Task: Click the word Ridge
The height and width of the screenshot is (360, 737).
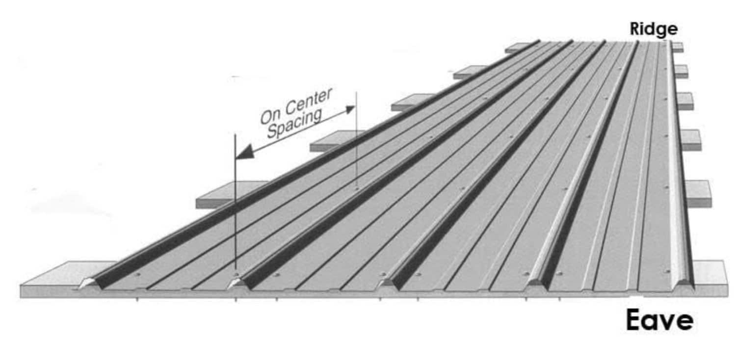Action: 654,29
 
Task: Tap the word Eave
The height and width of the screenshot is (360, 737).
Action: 659,321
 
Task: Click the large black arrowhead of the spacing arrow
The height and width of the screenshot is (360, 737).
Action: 245,152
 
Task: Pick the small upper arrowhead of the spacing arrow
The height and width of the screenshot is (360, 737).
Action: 349,109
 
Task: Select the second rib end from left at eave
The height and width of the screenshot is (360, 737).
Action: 237,283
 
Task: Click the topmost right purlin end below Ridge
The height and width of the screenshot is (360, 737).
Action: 678,47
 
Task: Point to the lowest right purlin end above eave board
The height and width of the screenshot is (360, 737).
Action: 698,193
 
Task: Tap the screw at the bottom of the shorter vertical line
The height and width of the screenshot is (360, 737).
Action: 357,188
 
